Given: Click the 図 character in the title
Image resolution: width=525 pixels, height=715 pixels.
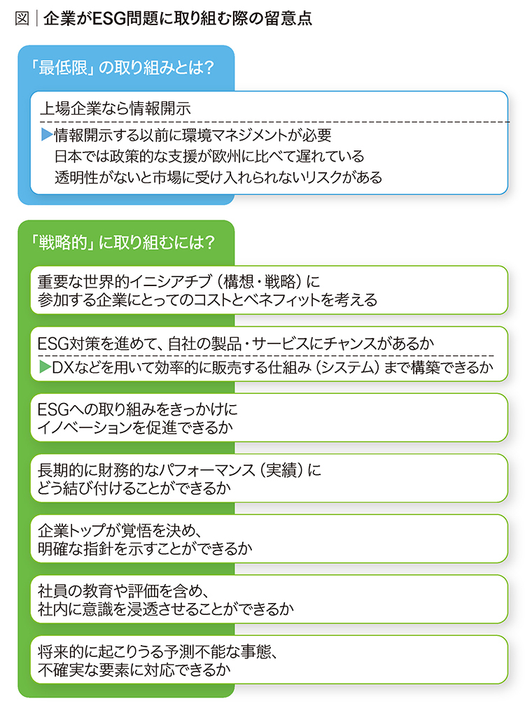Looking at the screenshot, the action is pyautogui.click(x=22, y=18).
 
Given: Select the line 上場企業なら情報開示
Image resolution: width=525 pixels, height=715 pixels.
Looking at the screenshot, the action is pyautogui.click(x=115, y=108).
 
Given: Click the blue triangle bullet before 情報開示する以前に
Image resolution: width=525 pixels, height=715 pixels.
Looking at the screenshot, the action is pyautogui.click(x=46, y=134).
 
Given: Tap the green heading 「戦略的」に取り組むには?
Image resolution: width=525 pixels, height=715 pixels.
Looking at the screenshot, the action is pyautogui.click(x=122, y=242).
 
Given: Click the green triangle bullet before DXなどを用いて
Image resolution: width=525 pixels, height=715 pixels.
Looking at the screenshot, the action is pyautogui.click(x=45, y=367).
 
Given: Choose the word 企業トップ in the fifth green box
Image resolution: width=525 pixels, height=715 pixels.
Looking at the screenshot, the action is pyautogui.click(x=76, y=530).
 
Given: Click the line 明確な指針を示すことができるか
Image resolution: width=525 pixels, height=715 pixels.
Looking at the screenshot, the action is pyautogui.click(x=145, y=548).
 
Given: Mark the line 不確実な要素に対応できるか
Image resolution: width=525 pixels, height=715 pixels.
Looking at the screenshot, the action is pyautogui.click(x=134, y=670).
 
